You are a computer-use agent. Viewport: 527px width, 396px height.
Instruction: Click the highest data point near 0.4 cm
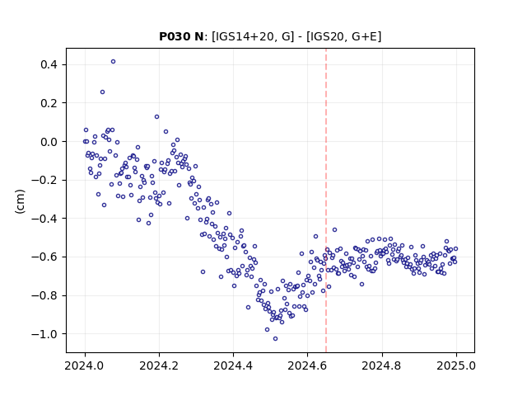tap(114, 62)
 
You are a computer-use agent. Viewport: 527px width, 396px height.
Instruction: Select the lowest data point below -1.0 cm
tap(275, 339)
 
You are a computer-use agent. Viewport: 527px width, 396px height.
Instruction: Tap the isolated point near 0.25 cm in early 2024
tap(102, 92)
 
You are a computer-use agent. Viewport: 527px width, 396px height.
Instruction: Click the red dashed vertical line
tap(326, 200)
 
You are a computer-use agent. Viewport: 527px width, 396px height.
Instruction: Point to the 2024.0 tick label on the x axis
tap(85, 365)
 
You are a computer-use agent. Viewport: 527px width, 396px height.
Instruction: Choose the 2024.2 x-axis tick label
tap(159, 365)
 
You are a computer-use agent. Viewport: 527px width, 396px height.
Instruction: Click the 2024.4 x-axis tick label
tap(233, 365)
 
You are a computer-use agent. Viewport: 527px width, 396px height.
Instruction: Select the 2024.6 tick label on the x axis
tap(307, 365)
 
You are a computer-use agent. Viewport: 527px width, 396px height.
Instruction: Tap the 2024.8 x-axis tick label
tap(382, 365)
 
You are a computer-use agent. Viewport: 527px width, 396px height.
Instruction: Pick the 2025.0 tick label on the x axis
tap(456, 365)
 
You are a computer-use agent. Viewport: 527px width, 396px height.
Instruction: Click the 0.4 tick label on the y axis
tap(49, 64)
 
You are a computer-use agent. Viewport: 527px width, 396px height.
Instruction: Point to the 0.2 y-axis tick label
tap(49, 103)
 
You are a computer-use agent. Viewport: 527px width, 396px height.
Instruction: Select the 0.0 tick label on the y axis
tap(49, 142)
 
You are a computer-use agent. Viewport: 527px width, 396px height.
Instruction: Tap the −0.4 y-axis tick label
tap(44, 219)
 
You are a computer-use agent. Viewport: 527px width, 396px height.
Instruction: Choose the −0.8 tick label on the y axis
tap(44, 295)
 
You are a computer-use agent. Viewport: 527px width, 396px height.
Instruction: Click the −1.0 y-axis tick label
tap(44, 334)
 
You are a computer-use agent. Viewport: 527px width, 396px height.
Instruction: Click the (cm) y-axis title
tap(20, 201)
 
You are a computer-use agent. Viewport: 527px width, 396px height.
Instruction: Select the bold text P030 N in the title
tap(181, 36)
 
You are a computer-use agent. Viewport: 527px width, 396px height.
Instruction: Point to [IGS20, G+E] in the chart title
tap(343, 36)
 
